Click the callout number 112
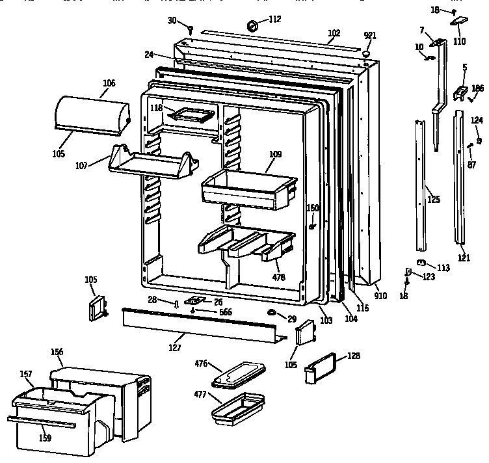[x=274, y=19]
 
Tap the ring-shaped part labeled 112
[x=252, y=27]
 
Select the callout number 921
[x=369, y=34]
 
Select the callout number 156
[x=57, y=352]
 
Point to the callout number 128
[x=353, y=356]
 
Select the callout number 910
[x=380, y=296]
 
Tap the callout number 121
[x=463, y=258]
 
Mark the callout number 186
[x=477, y=88]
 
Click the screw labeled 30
[x=191, y=29]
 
